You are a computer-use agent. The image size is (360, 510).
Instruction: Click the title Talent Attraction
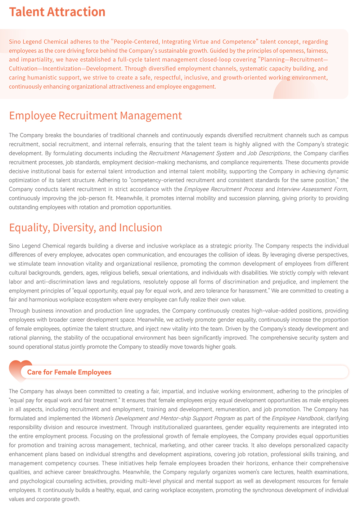point(57,12)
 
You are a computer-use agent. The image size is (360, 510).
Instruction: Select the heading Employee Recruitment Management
point(95,116)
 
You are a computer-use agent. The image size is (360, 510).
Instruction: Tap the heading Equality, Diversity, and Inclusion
point(85,228)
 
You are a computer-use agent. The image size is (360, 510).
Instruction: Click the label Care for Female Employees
point(69,372)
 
